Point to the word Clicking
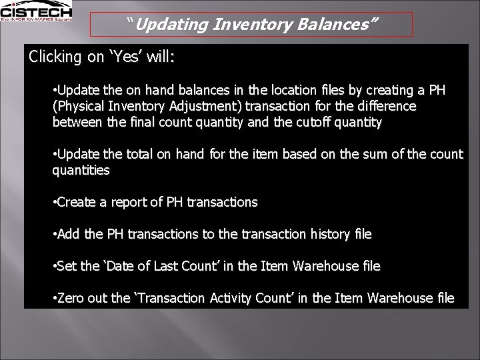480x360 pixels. tap(55, 57)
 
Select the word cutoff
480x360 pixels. tap(307, 122)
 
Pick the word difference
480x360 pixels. tap(385, 106)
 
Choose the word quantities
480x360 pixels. tap(81, 170)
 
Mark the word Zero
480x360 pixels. tap(71, 298)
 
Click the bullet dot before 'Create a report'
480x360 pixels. tap(54, 202)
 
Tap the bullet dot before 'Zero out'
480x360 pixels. tap(54, 298)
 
